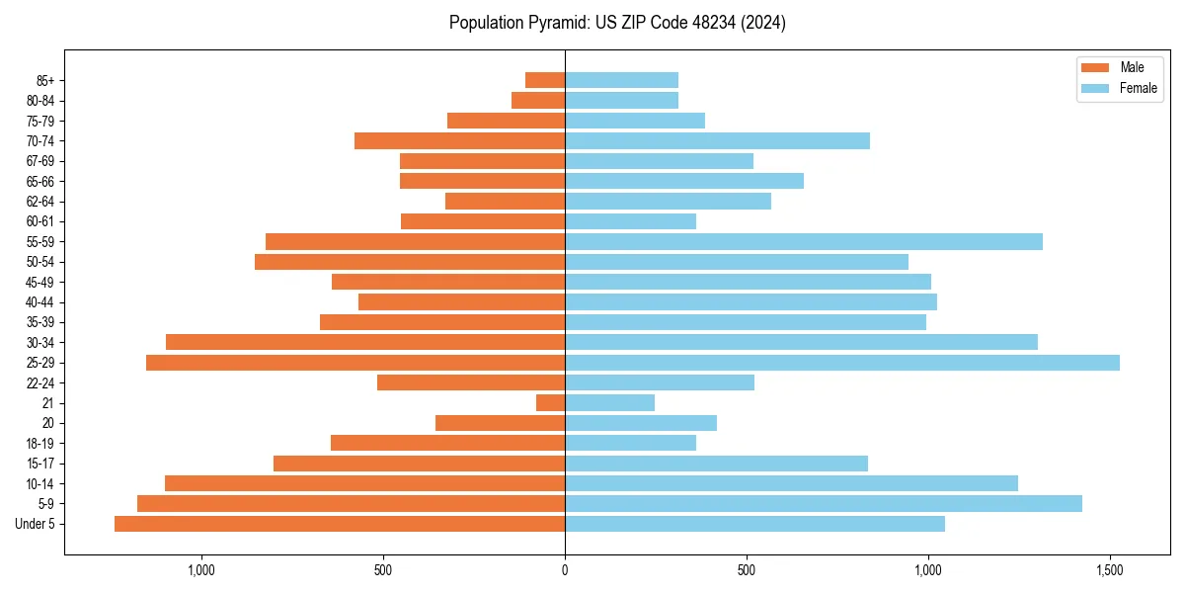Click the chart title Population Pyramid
(x=617, y=23)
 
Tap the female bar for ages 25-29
(x=841, y=363)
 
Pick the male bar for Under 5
(x=340, y=524)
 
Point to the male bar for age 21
(x=550, y=403)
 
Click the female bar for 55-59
(x=803, y=242)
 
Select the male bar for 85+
(x=545, y=80)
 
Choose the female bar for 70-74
(x=717, y=141)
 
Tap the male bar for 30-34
(x=365, y=343)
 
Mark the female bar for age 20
(x=641, y=423)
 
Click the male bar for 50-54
(x=410, y=262)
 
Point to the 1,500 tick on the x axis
(x=1110, y=570)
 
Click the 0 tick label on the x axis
(x=565, y=570)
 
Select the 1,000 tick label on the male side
(x=201, y=570)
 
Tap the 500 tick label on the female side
(x=747, y=570)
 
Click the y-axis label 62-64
(x=40, y=202)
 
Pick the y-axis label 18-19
(x=40, y=444)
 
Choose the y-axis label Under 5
(x=36, y=524)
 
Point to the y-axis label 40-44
(x=40, y=302)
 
